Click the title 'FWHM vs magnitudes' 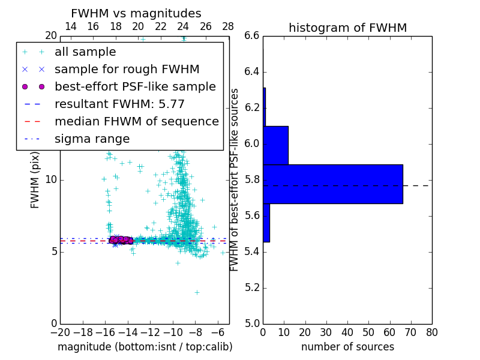[x=136, y=13]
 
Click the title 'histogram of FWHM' [x=347, y=28]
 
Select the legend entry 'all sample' [x=85, y=52]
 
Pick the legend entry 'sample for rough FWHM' [x=127, y=70]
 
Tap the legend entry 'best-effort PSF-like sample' [x=135, y=87]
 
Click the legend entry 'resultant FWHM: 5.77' [x=119, y=104]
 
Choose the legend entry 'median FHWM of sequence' [x=136, y=122]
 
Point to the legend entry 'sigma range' [x=92, y=139]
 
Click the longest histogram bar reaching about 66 [x=332, y=184]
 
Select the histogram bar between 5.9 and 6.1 [x=275, y=145]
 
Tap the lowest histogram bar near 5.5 [x=266, y=223]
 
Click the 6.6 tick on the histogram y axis [x=252, y=36]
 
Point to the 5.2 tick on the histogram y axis [x=252, y=287]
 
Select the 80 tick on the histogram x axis [x=431, y=332]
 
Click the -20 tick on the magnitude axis [x=60, y=332]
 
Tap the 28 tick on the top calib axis [x=228, y=26]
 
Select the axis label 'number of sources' [x=347, y=347]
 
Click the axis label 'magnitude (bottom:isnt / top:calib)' [x=145, y=347]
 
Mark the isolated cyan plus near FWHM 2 [x=197, y=292]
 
